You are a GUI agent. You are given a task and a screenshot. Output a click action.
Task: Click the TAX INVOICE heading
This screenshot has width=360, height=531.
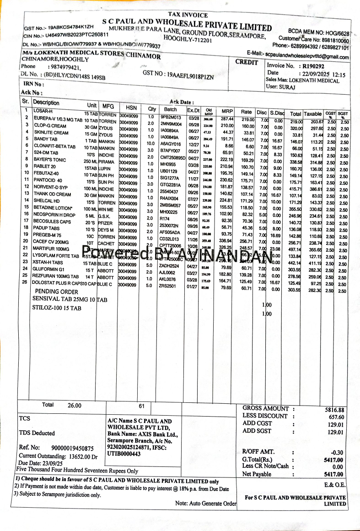[x=188, y=15]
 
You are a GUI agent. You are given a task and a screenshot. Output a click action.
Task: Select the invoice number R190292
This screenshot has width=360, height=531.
[x=310, y=66]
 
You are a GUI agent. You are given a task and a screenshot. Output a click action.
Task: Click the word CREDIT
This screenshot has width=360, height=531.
[x=247, y=62]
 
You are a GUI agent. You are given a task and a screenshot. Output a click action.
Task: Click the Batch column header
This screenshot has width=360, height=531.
[x=170, y=110]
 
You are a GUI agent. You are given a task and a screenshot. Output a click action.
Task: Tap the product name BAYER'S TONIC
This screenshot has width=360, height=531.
[x=49, y=159]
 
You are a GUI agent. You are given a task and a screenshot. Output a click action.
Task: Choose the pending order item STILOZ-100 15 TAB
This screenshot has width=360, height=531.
[x=57, y=308]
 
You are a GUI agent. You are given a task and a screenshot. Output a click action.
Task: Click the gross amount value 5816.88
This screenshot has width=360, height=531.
[x=334, y=410]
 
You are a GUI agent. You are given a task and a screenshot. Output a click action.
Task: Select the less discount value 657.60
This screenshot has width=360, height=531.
[x=336, y=417]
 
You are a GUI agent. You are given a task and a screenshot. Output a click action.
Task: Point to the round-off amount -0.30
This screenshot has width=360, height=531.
[x=337, y=452]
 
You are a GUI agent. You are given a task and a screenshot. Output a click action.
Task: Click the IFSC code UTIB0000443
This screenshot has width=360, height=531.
[x=124, y=454]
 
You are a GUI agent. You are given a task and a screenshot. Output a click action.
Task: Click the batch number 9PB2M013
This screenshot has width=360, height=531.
[x=171, y=117]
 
